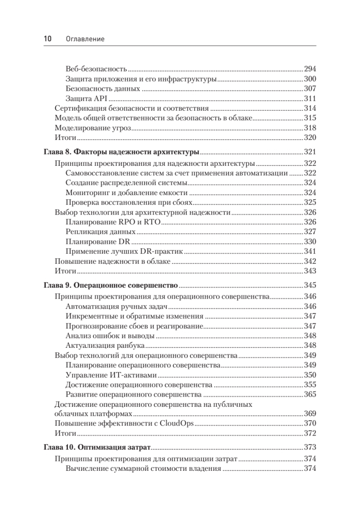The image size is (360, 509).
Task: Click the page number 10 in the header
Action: pos(47,39)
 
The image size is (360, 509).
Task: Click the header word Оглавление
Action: pos(85,39)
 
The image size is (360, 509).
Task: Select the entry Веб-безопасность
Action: pos(97,69)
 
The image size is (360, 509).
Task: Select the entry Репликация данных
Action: pos(101,232)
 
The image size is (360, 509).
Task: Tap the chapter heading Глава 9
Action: pos(111,285)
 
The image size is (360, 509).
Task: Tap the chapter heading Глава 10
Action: pos(98,447)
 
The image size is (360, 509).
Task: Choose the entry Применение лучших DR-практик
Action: pos(124,252)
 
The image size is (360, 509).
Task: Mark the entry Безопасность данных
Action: pos(103,89)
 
